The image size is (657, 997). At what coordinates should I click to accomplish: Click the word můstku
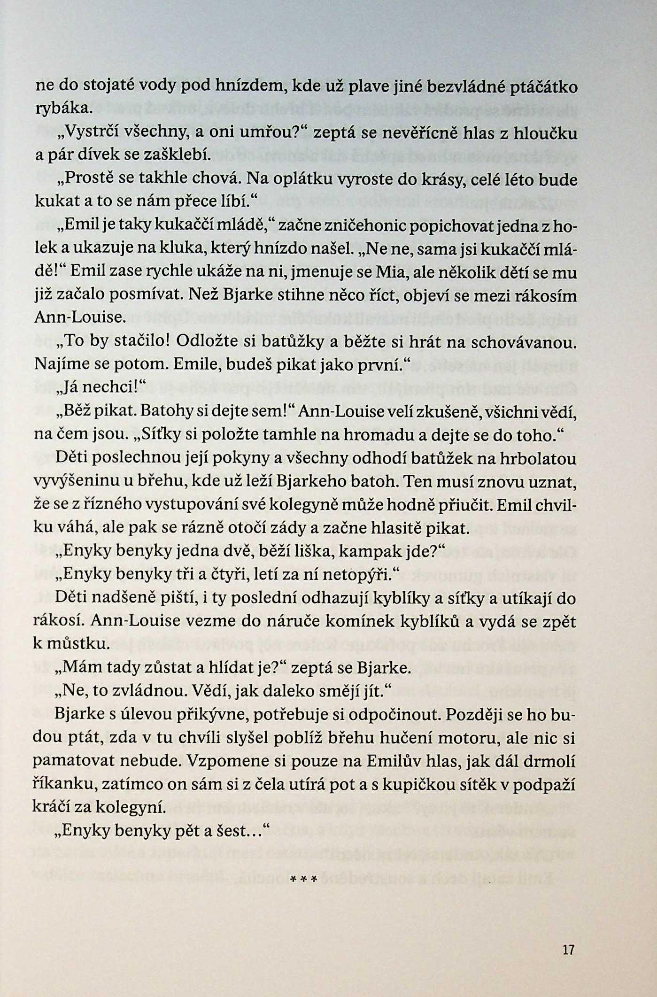[71, 644]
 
